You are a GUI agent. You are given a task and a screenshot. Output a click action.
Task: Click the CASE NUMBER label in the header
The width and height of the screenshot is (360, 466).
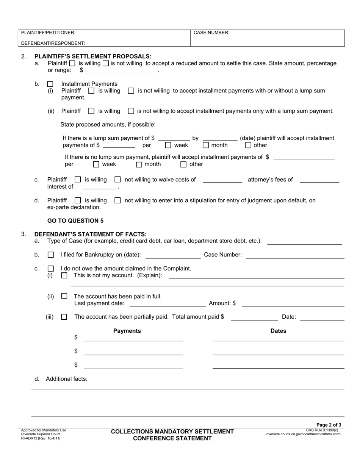point(211,33)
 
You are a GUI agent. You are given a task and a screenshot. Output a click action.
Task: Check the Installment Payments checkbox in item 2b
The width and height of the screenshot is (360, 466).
point(50,84)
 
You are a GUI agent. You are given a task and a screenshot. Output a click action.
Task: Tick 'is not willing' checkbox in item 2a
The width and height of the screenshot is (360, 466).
point(106,64)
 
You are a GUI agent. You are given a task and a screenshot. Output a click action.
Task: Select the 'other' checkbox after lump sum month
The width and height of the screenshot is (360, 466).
point(248,145)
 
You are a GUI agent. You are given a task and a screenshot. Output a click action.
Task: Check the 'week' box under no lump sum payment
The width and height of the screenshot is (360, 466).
point(96,164)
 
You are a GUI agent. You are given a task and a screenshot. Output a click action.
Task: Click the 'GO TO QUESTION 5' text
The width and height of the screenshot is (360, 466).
point(75,220)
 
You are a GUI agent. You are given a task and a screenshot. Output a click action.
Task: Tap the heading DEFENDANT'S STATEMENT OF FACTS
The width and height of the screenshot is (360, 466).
point(90,234)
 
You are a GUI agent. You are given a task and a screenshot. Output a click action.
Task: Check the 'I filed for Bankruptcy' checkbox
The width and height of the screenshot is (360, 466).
point(50,255)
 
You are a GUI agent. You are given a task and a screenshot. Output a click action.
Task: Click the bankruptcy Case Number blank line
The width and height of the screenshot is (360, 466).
point(295,256)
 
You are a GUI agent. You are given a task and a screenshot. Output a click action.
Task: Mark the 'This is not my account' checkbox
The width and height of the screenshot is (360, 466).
point(64,275)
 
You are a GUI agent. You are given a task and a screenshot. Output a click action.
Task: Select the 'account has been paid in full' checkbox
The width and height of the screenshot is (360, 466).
point(64,296)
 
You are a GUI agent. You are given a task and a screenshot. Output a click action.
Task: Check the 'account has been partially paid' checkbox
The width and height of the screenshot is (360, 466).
point(64,317)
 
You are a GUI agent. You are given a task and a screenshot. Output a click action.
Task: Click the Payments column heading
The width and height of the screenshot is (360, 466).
point(127,331)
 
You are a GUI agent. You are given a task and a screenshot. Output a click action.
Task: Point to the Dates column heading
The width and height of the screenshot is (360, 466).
point(278,331)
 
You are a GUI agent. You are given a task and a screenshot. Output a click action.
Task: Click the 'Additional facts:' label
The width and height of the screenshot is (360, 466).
point(66,378)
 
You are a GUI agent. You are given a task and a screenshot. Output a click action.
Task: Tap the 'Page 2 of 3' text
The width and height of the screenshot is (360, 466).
point(329,425)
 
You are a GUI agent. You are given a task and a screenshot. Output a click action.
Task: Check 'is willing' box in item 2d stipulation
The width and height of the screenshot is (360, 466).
point(78,200)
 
